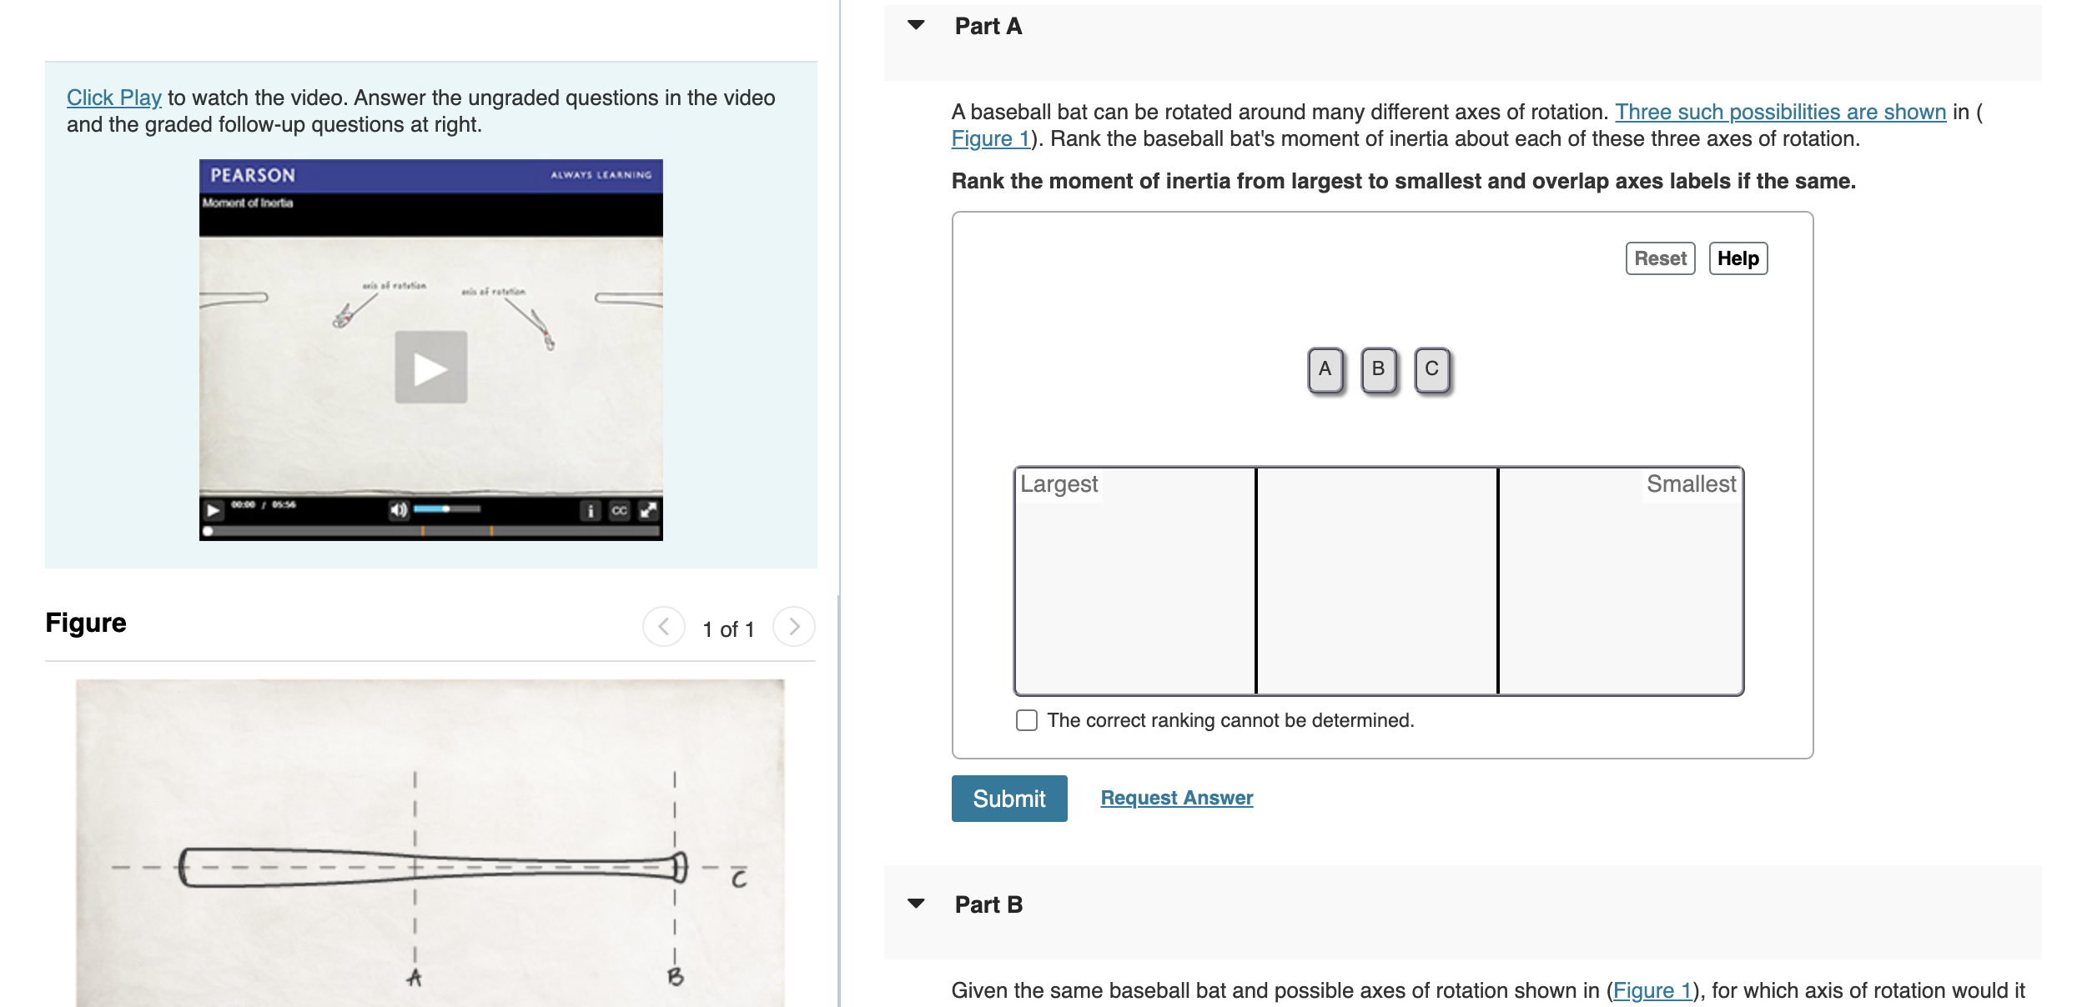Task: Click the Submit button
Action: pyautogui.click(x=1008, y=799)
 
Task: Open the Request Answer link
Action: pyautogui.click(x=1176, y=798)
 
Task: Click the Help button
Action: pyautogui.click(x=1738, y=258)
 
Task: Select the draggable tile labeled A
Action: pyautogui.click(x=1325, y=369)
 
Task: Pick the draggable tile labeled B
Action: pyautogui.click(x=1378, y=369)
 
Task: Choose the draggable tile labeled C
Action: pyautogui.click(x=1431, y=369)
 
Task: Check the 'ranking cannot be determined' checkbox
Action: pyautogui.click(x=1027, y=720)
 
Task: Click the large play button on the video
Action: pyautogui.click(x=430, y=368)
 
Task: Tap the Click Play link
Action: pyautogui.click(x=114, y=98)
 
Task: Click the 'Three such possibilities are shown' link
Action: pyautogui.click(x=1780, y=112)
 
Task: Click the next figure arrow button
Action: pyautogui.click(x=793, y=627)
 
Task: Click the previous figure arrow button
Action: pyautogui.click(x=664, y=627)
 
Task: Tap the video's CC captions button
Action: pyautogui.click(x=619, y=510)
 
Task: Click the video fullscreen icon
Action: pyautogui.click(x=648, y=510)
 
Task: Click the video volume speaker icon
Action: pyautogui.click(x=399, y=509)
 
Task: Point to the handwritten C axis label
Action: pyautogui.click(x=739, y=879)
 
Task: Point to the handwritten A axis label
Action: pyautogui.click(x=415, y=978)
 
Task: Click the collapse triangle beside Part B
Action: pyautogui.click(x=916, y=904)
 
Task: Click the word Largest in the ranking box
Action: pyautogui.click(x=1059, y=484)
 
